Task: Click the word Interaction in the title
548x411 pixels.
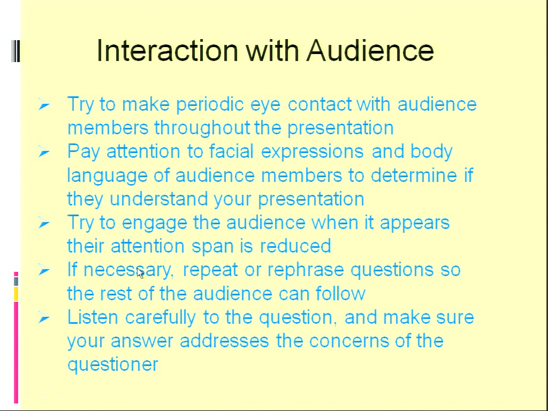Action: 167,50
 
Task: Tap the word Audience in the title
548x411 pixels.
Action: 370,50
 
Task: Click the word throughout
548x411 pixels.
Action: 202,127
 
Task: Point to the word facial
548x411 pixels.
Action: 231,151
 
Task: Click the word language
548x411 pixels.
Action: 107,176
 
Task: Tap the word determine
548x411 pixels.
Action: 414,175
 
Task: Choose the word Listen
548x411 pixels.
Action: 93,317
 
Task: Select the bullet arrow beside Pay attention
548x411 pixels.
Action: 44,152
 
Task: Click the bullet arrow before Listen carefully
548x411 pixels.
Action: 44,318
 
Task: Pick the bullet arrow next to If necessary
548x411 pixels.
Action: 44,270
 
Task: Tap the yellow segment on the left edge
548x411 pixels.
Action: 16,294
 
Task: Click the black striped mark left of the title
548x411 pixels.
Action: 16,51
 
